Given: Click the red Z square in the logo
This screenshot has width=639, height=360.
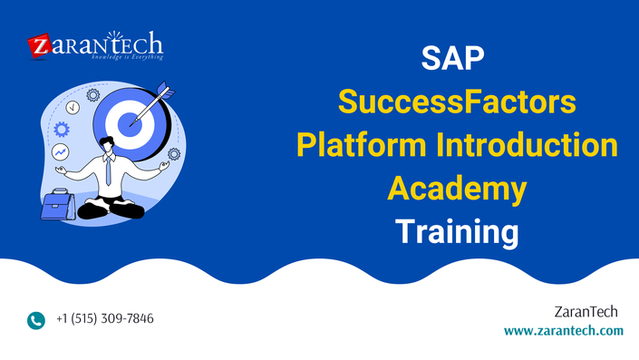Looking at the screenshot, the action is tap(40, 45).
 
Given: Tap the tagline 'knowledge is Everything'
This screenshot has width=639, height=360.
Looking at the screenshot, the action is tap(127, 57).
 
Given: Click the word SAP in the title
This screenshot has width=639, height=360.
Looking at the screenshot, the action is tap(452, 58).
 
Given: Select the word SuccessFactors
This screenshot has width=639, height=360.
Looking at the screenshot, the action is tap(457, 102).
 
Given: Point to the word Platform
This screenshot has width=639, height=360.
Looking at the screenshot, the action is tap(361, 145).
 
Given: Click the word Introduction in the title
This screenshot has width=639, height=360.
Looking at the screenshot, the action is tap(527, 145).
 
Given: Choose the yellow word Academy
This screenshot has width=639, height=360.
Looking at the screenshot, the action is tap(457, 190).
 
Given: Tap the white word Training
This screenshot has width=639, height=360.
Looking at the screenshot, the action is tap(457, 232).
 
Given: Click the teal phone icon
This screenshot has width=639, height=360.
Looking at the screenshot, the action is tap(36, 320).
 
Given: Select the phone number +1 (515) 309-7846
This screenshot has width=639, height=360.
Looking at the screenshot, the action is tap(105, 318).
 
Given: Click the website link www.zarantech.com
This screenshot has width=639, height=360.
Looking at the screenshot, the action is tap(564, 330).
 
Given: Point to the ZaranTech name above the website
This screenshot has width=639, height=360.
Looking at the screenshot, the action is tap(586, 312).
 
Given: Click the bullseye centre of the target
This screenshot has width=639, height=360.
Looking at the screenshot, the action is tap(130, 124).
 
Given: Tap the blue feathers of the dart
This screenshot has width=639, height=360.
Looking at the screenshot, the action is tap(166, 90).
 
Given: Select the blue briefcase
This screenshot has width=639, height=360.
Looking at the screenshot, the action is tap(57, 205).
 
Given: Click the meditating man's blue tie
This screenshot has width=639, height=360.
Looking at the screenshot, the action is tap(108, 170).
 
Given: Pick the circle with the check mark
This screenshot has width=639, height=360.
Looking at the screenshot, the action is tap(73, 108).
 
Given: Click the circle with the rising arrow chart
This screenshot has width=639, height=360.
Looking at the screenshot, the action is tap(61, 152).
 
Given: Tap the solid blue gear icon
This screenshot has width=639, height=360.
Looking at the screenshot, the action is tap(62, 130).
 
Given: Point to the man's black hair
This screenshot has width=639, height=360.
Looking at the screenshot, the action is tap(107, 142).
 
